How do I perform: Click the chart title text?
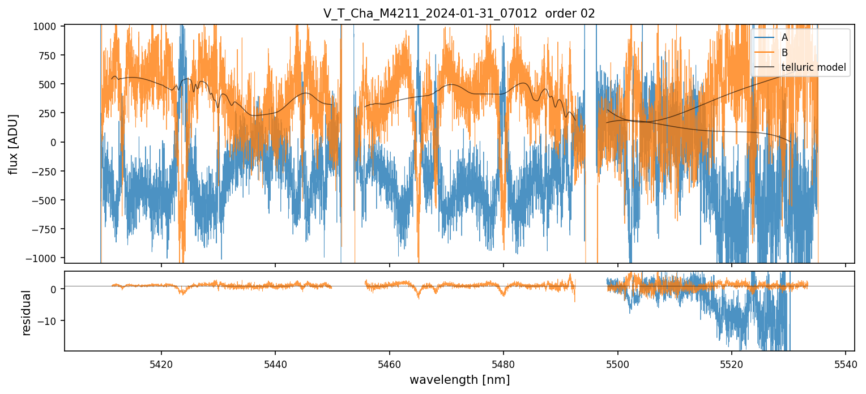click(x=459, y=14)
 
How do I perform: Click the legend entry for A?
click(x=785, y=37)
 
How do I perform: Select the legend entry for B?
click(x=785, y=53)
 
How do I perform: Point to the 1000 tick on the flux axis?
click(x=48, y=26)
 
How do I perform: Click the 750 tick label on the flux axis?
click(x=50, y=55)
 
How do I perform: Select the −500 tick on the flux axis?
click(x=46, y=200)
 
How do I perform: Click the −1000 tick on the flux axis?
click(x=45, y=258)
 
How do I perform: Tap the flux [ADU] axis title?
click(x=13, y=144)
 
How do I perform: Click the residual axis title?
click(x=26, y=312)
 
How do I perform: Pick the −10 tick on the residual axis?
click(x=50, y=320)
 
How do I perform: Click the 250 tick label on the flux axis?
click(x=50, y=113)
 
